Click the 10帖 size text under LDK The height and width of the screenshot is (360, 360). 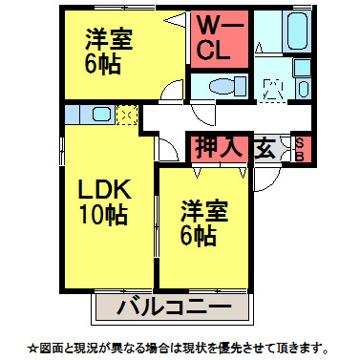click(104, 215)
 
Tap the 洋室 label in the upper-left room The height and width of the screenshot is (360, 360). click(108, 41)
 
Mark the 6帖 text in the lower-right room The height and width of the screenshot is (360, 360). click(201, 235)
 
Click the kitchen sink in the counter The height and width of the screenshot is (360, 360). click(98, 116)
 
